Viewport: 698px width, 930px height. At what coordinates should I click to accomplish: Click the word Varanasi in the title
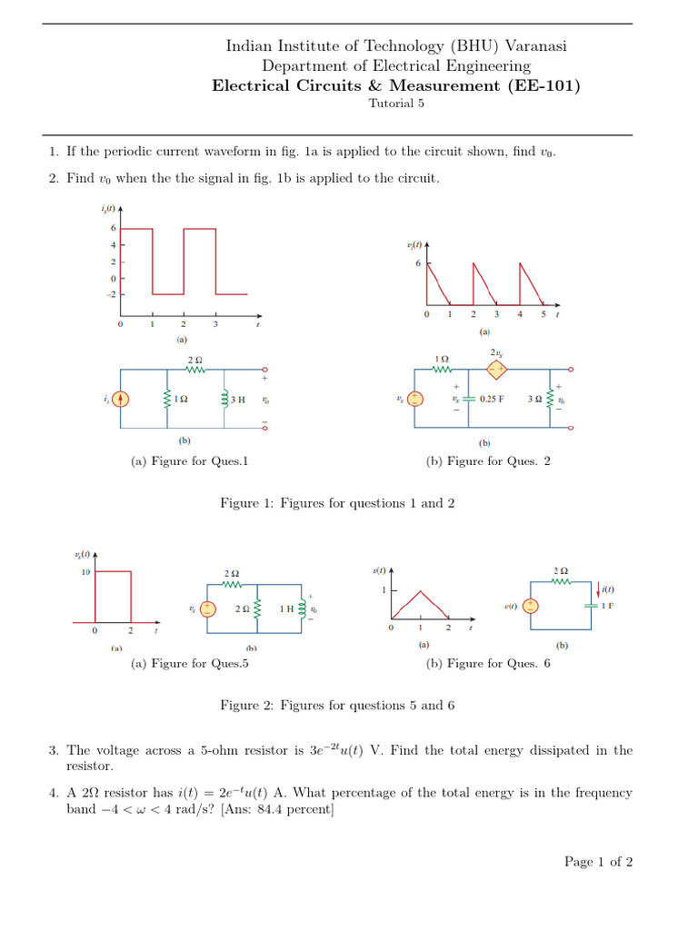(535, 45)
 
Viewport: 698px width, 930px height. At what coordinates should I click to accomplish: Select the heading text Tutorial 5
(395, 103)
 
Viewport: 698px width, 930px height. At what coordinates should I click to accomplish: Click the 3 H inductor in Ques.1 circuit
(224, 399)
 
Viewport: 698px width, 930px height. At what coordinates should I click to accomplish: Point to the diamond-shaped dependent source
(497, 370)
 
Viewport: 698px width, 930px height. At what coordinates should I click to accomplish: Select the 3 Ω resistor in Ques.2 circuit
(548, 398)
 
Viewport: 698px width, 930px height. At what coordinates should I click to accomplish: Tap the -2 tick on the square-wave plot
(111, 294)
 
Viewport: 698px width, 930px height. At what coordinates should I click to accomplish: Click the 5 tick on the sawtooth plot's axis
(543, 314)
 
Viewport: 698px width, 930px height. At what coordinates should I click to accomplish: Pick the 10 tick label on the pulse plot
(85, 571)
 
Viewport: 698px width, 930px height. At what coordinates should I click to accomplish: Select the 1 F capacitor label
(607, 605)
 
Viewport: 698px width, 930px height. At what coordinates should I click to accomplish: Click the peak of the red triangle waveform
(420, 590)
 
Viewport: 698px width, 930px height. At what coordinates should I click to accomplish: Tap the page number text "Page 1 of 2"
(598, 862)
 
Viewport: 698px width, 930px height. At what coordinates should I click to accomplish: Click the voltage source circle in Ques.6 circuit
(531, 607)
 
